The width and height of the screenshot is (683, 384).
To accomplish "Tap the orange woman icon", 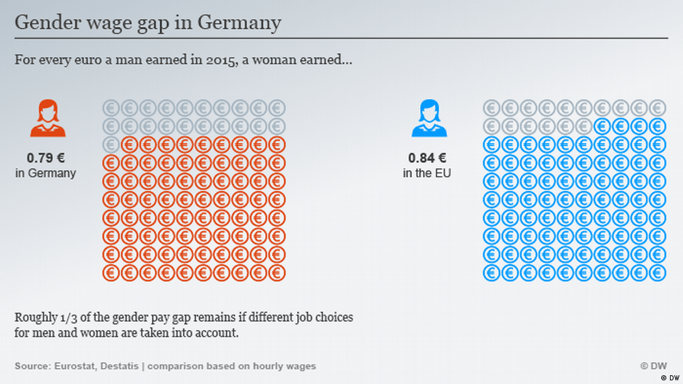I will click(x=48, y=119).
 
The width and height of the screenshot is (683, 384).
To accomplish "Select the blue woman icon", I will click(x=429, y=119).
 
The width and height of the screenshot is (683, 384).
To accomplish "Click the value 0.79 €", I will click(x=45, y=158).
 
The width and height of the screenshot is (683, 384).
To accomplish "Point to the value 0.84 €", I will click(x=427, y=158).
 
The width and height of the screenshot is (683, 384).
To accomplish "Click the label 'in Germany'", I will click(x=45, y=173).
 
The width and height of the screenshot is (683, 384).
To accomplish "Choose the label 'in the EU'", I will click(x=427, y=173).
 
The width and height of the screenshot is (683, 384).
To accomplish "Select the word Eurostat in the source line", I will click(x=75, y=366).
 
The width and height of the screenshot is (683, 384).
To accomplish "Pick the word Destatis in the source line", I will click(x=121, y=366).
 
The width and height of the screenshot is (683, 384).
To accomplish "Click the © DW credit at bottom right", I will click(x=653, y=366).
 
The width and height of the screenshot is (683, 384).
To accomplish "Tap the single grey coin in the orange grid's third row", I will click(x=111, y=144).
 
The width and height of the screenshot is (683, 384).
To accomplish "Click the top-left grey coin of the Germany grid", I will click(x=111, y=107).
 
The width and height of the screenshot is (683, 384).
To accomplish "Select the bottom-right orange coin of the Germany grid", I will click(x=277, y=273).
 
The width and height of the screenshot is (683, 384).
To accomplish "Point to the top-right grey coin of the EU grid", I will click(x=658, y=107).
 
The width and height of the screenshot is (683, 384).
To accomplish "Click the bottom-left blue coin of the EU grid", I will click(x=492, y=273).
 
